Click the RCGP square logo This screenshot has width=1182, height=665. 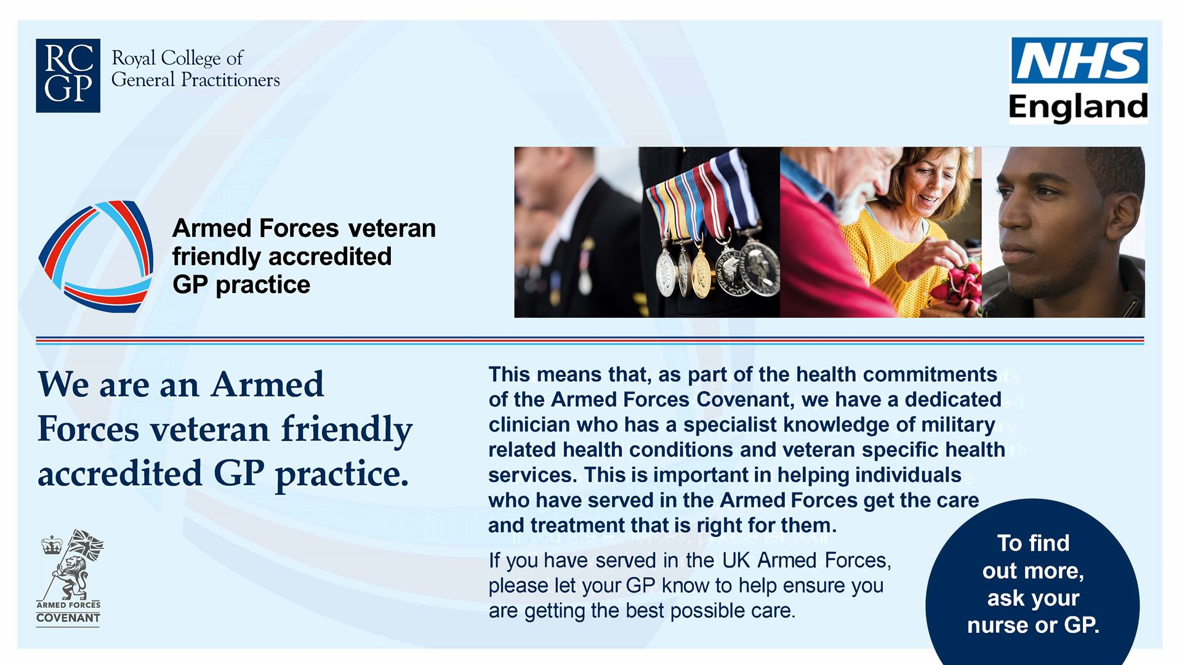click(68, 75)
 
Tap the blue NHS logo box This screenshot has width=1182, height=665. click(1079, 60)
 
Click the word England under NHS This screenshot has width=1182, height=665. click(1078, 107)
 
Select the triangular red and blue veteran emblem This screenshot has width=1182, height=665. click(96, 256)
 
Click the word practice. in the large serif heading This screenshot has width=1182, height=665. click(342, 474)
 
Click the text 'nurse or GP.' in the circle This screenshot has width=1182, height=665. click(1032, 626)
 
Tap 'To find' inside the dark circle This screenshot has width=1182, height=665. click(1032, 543)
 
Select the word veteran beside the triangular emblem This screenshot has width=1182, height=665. click(392, 228)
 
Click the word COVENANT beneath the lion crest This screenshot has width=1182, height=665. click(68, 618)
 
